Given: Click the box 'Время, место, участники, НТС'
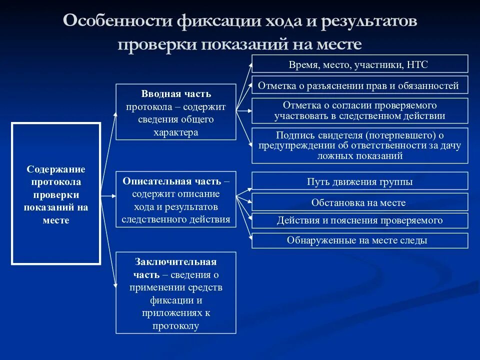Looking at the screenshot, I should tap(359, 64).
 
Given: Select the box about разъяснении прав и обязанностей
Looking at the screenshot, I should tap(359, 85).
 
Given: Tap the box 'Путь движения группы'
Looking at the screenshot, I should tap(359, 181).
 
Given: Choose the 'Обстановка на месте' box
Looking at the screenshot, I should tap(359, 202).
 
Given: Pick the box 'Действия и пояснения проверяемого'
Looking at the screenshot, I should tap(359, 220).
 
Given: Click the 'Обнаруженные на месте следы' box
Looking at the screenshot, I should tap(359, 240).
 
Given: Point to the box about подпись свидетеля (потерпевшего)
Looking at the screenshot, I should tap(359, 145).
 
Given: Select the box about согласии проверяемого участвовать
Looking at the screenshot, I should tap(359, 110).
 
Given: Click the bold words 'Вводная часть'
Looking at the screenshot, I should tap(176, 94).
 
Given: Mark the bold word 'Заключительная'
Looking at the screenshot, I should tap(175, 261).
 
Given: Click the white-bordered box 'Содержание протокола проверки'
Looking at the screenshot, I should tap(56, 193).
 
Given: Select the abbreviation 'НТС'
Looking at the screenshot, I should tap(417, 64).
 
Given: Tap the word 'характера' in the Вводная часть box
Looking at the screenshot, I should tap(176, 132).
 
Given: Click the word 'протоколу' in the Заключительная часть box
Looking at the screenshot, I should tap(176, 326).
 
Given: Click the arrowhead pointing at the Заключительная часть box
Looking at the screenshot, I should tap(115, 286).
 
